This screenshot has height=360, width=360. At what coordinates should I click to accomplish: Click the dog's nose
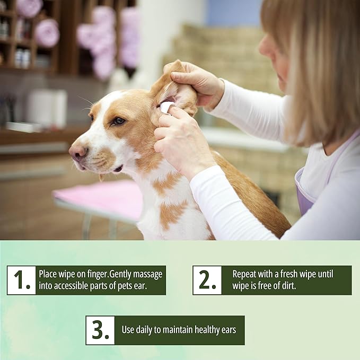pos(78,153)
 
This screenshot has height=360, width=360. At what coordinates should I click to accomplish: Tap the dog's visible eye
pos(119,121)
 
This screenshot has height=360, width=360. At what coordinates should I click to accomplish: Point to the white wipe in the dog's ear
pos(166,107)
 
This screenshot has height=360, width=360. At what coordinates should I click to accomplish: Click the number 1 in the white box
pos(22,280)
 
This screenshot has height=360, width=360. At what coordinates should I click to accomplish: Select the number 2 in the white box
pos(207,279)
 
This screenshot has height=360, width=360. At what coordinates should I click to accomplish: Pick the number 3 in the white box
pos(100,330)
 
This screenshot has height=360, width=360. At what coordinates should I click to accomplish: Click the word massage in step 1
pos(147,275)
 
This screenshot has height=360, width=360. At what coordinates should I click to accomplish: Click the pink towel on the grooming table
pos(99,197)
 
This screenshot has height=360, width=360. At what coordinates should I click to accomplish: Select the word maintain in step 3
pos(178,330)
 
